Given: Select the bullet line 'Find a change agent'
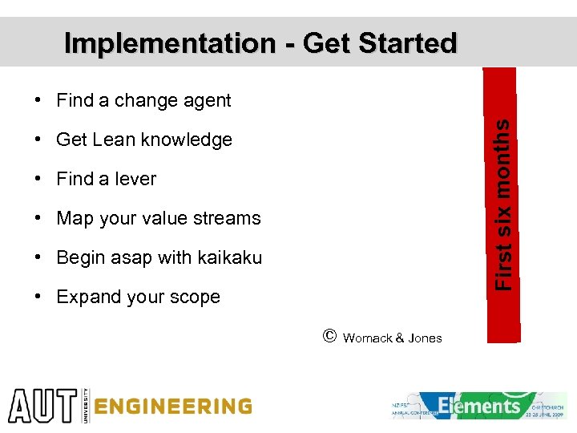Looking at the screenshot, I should (143, 101).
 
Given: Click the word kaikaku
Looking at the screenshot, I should (228, 257).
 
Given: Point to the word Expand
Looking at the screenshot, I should (83, 297).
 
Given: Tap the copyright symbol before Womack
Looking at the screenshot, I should (329, 337).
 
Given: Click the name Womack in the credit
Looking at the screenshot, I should (368, 338).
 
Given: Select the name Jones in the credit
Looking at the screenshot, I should (425, 338).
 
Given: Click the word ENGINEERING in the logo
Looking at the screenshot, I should (172, 407).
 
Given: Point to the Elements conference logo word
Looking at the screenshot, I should (479, 406).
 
